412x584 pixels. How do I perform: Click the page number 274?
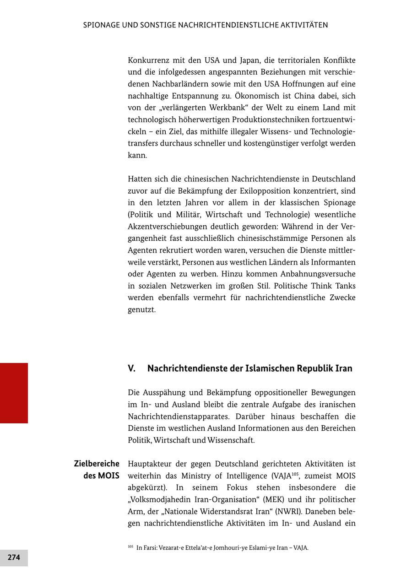pyautogui.click(x=14, y=557)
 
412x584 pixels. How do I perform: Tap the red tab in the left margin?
pyautogui.click(x=14, y=393)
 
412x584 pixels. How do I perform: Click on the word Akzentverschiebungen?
pyautogui.click(x=167, y=227)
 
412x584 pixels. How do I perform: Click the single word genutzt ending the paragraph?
pyautogui.click(x=141, y=310)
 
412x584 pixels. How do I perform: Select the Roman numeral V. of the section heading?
pyautogui.click(x=132, y=368)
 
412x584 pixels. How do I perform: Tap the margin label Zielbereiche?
pyautogui.click(x=97, y=464)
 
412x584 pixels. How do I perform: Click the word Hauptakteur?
pyautogui.click(x=151, y=464)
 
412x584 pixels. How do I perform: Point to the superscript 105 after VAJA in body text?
pyautogui.click(x=295, y=474)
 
